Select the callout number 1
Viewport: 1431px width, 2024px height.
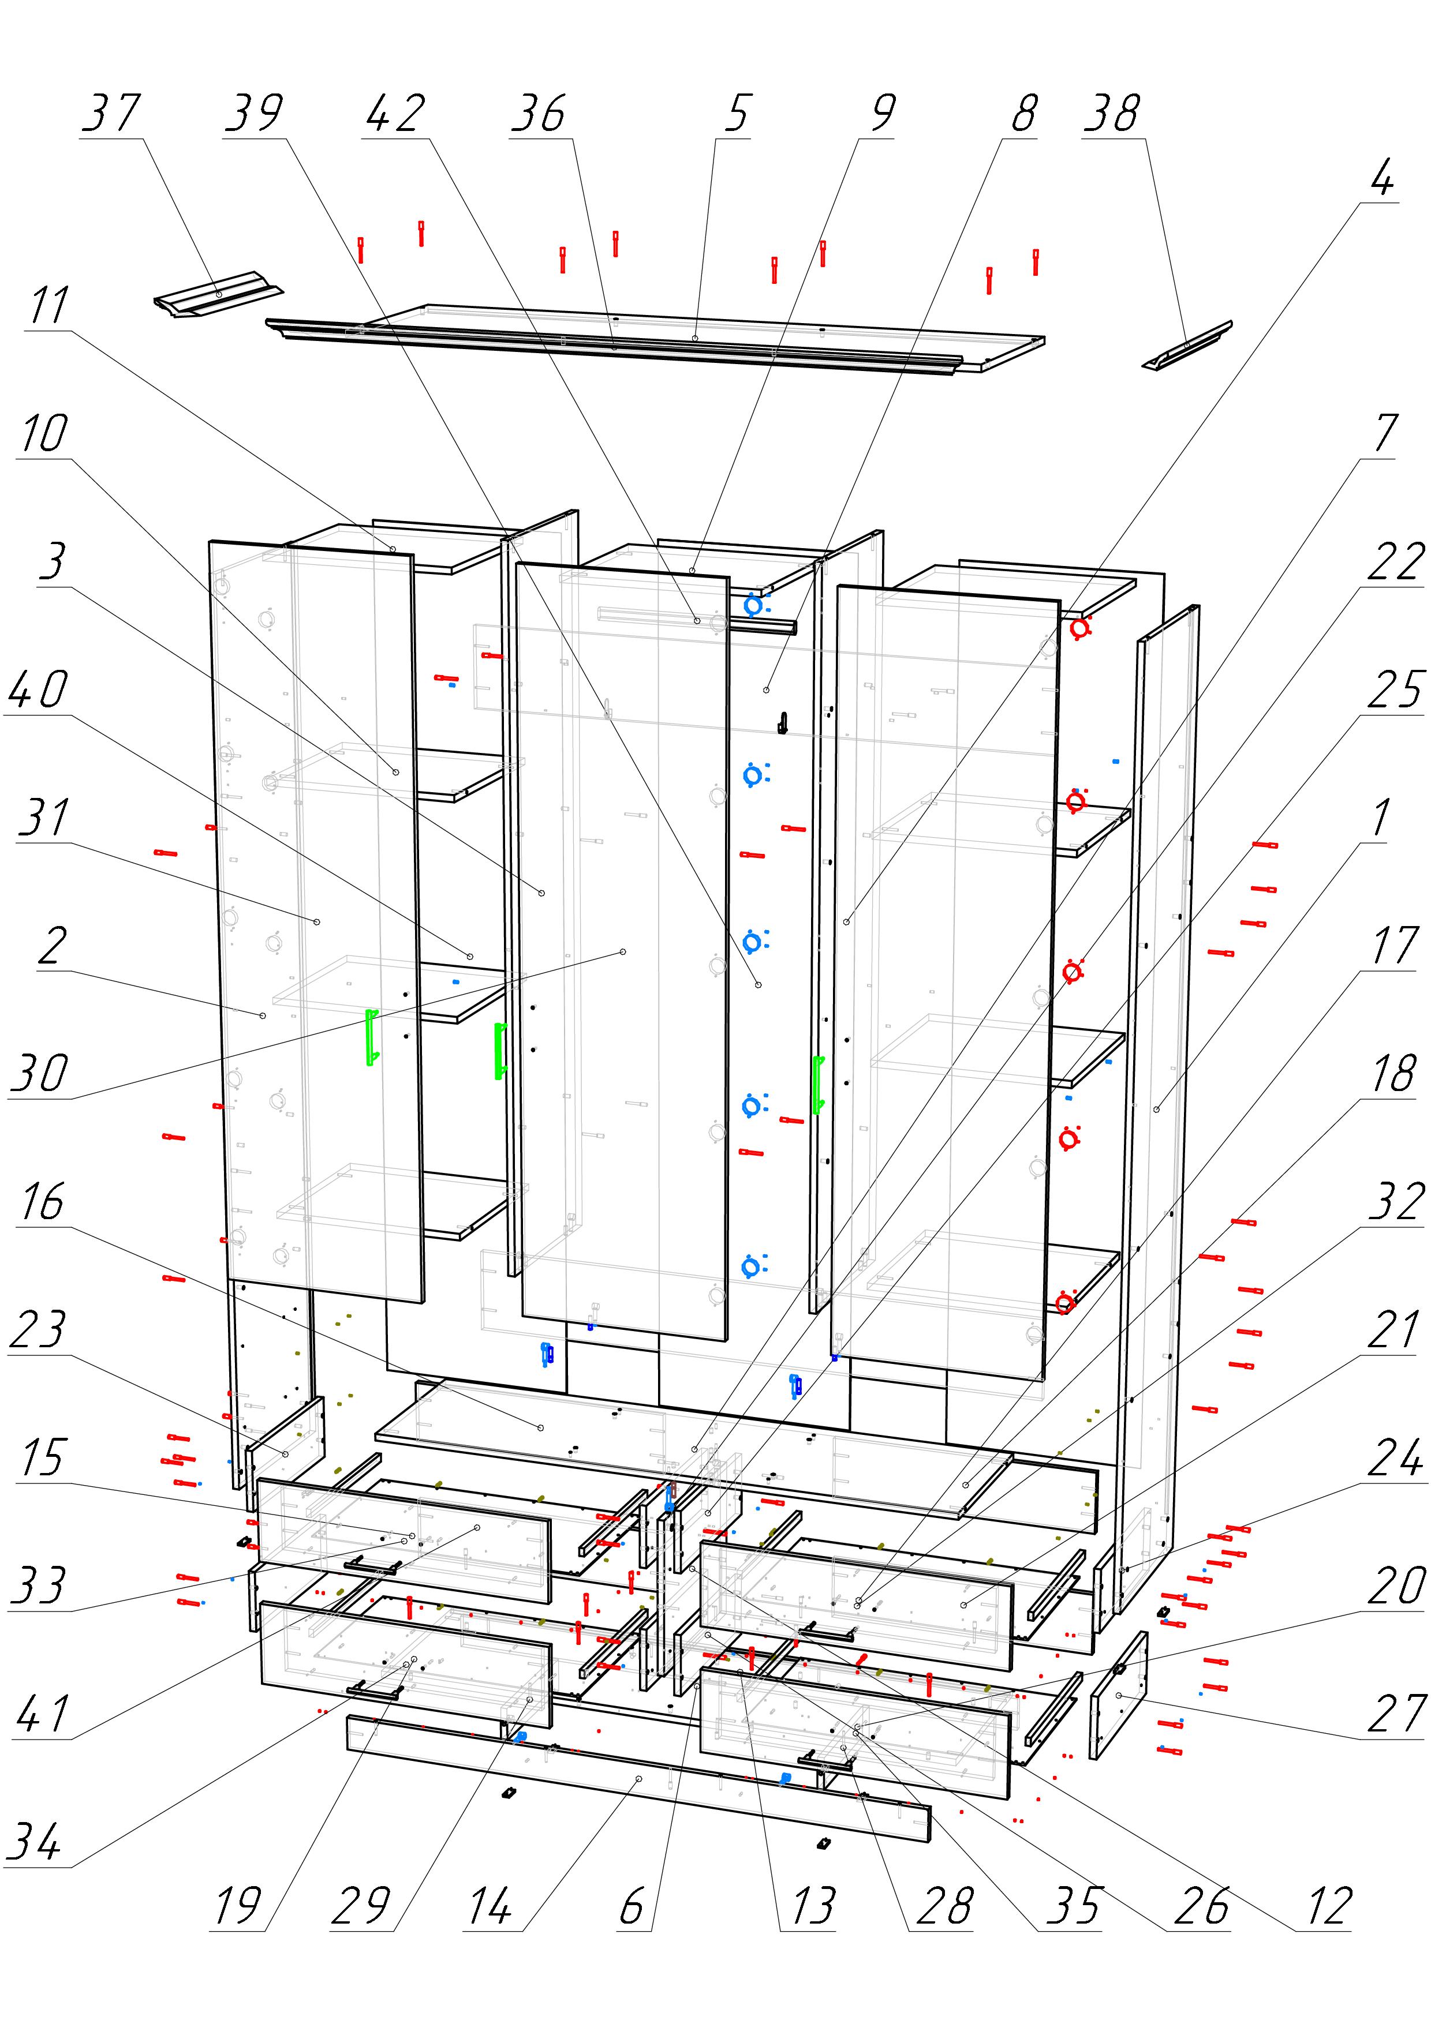[x=1381, y=819]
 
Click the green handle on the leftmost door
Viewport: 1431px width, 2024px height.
[x=372, y=1037]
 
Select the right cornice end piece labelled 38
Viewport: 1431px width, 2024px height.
[x=1187, y=346]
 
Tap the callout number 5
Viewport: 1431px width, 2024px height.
[x=737, y=114]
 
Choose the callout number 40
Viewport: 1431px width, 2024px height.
[x=38, y=689]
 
